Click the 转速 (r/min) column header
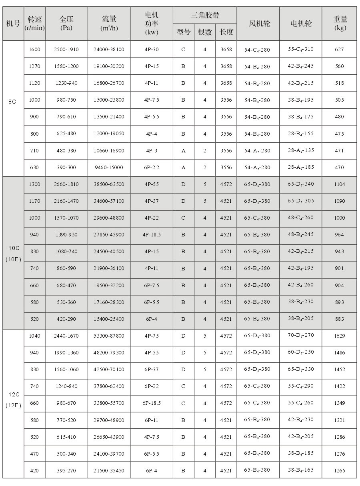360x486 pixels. pos(34,23)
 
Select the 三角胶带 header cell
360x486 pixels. pos(205,15)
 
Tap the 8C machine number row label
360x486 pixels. pos(12,102)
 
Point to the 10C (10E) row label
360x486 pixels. pos(12,253)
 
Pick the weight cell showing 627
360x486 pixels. pos(339,50)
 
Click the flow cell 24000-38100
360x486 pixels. pos(109,50)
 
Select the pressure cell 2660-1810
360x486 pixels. pos(66,184)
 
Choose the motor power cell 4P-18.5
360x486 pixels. pos(152,235)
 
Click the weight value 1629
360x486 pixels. pos(339,336)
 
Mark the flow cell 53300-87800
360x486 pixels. pos(109,336)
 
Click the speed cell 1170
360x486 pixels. pos(34,201)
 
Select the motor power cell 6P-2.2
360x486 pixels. pos(152,168)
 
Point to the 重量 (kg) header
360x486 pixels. pos(340,23)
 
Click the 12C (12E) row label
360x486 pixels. pos(12,400)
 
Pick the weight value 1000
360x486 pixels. pos(339,218)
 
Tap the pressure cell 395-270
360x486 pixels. pos(66,470)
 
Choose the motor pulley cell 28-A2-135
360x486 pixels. pos(301,150)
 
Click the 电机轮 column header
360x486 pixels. pos(301,23)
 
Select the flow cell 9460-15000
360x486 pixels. pos(109,168)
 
